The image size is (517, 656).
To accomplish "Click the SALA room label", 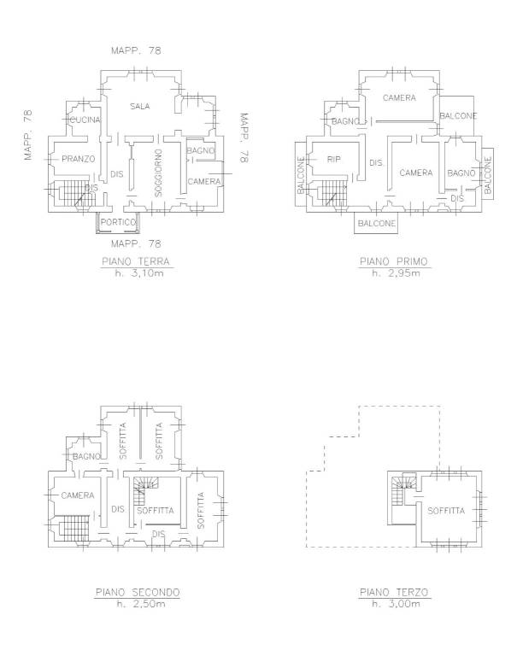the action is (140, 106).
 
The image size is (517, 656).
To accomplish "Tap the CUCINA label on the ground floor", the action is (85, 120).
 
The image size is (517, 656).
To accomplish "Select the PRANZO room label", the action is (79, 159).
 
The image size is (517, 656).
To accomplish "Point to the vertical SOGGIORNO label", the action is (158, 173).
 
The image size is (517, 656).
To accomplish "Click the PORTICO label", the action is (118, 222).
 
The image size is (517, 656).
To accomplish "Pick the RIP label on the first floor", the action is (333, 160).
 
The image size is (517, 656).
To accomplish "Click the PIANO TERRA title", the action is (136, 262).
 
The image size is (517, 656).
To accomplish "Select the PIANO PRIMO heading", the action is (393, 262).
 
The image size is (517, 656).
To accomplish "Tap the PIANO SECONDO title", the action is (138, 593).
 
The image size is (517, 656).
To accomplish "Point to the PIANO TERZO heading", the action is (394, 593).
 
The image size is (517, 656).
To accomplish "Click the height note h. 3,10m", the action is (139, 273).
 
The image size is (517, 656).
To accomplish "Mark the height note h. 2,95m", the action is (396, 273).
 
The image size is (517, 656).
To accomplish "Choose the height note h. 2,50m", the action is (141, 604).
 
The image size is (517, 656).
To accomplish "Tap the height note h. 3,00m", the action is (396, 604).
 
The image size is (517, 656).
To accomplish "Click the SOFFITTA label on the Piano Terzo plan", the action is (446, 511).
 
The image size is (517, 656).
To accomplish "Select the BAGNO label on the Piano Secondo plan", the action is (86, 456).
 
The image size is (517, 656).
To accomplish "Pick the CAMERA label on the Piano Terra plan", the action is (204, 182).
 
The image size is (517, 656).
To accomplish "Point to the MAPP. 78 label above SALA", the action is (136, 50).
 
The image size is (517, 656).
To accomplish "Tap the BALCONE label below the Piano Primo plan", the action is (377, 224).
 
